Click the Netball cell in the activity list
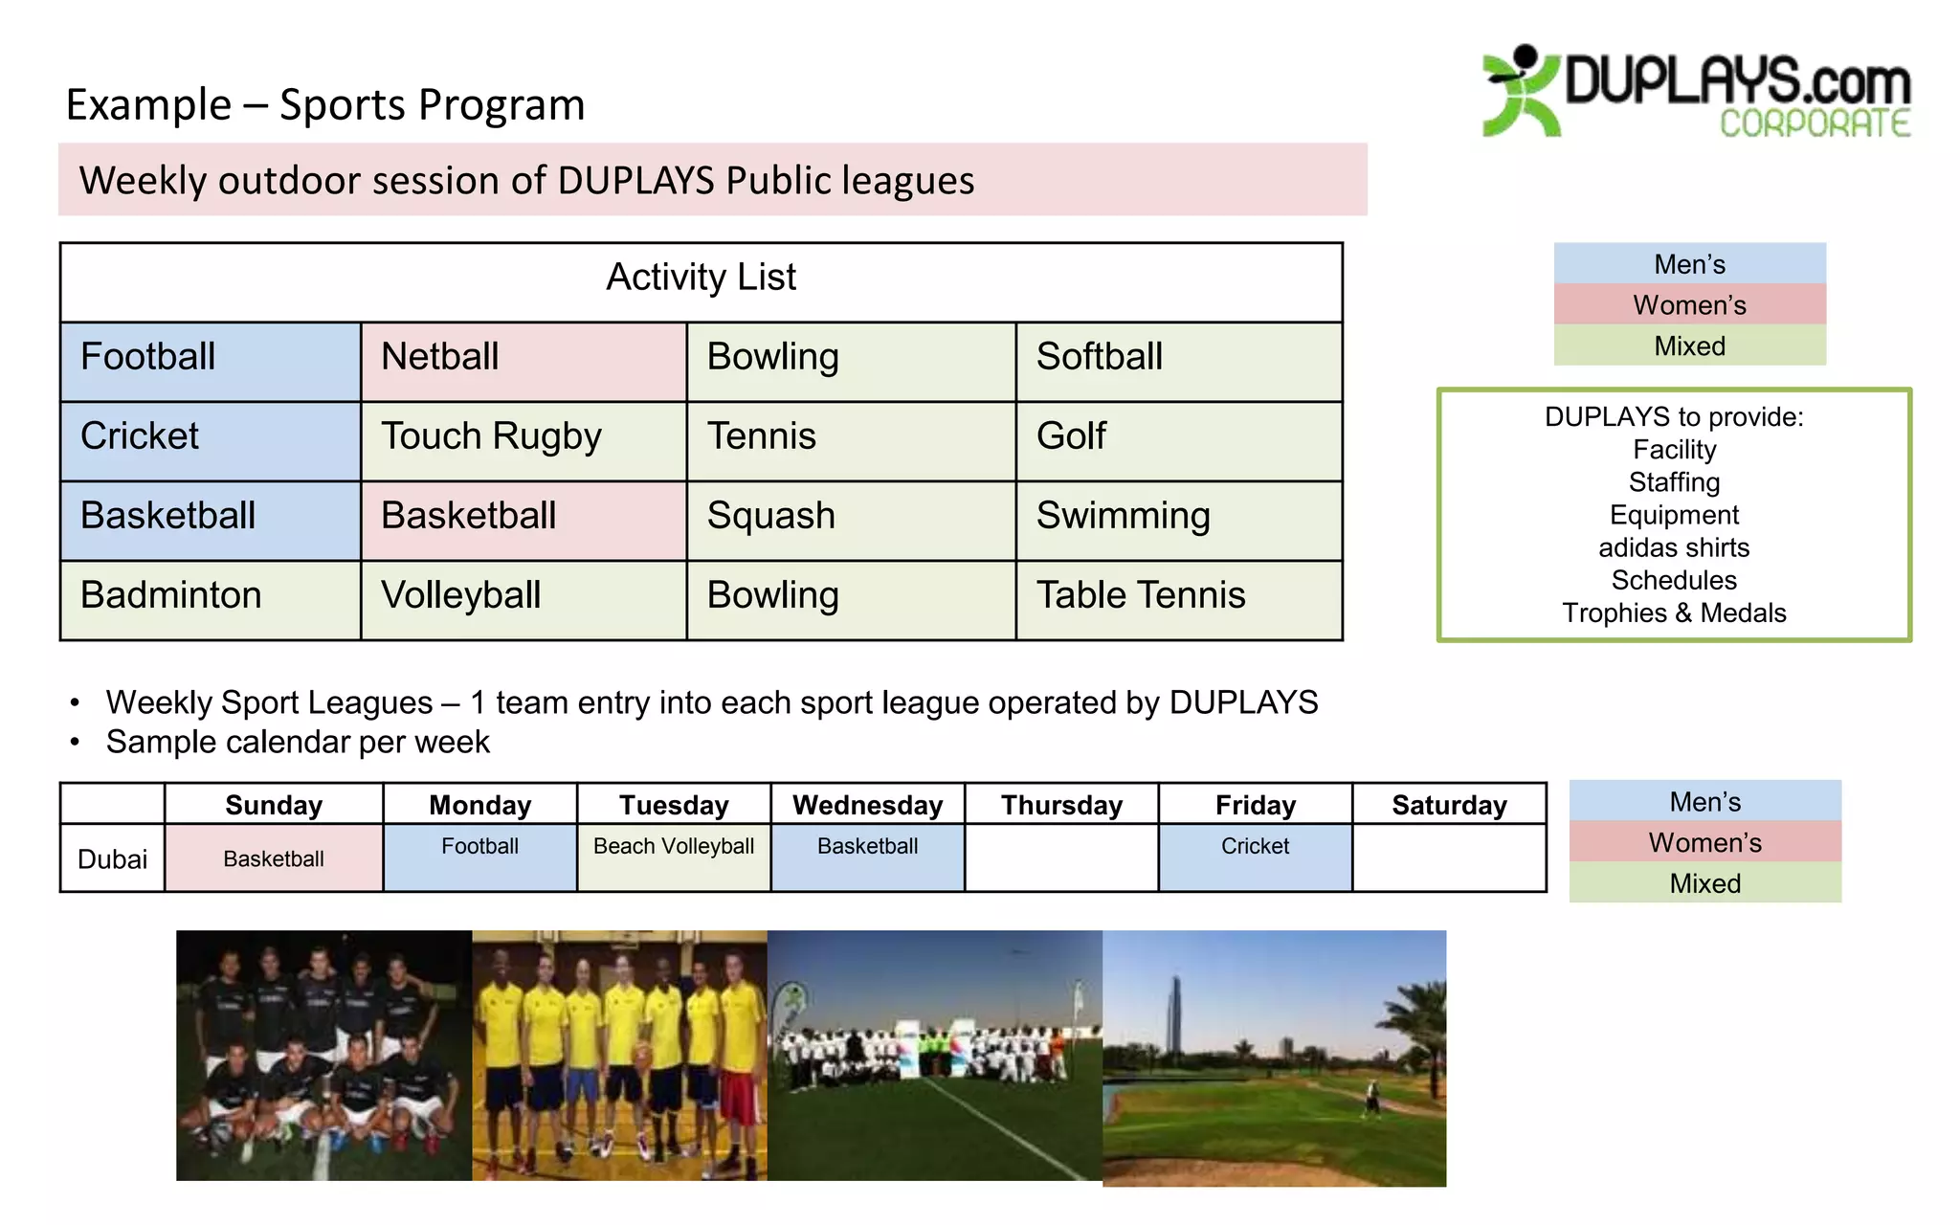click(x=523, y=361)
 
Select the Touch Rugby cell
click(x=523, y=440)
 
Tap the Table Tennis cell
click(x=1178, y=599)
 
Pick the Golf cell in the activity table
click(x=1178, y=440)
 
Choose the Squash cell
click(x=850, y=520)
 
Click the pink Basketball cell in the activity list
click(x=523, y=520)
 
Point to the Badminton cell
click(x=210, y=599)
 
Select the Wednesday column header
click(x=867, y=805)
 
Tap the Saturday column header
click(x=1449, y=805)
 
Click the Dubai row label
click(x=112, y=858)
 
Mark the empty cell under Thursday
click(x=1060, y=857)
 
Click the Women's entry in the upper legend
click(x=1689, y=305)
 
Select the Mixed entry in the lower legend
click(x=1704, y=883)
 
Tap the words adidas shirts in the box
click(x=1674, y=547)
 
